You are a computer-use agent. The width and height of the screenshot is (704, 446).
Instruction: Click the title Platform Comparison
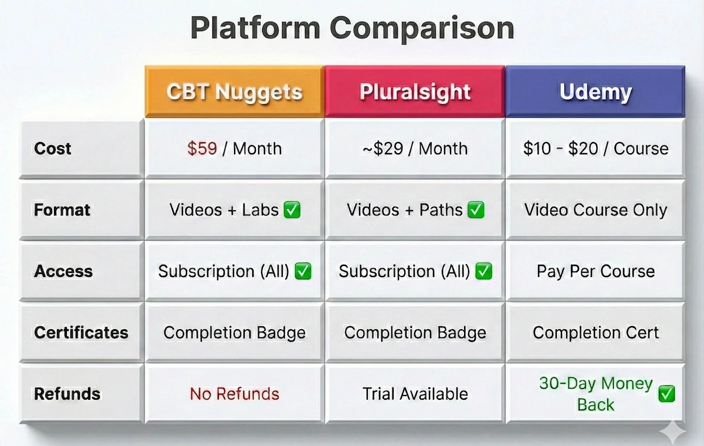coord(352,28)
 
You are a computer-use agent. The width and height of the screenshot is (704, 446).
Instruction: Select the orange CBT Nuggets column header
coord(234,92)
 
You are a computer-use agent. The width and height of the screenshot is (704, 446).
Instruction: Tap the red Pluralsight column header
coord(415,92)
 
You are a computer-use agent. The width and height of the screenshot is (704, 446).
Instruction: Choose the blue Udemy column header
coord(595,92)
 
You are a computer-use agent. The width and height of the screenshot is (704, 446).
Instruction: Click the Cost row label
coord(53,148)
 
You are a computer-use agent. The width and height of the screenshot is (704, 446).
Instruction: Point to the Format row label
coord(62,210)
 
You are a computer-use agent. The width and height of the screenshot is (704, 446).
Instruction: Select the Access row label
coord(63,271)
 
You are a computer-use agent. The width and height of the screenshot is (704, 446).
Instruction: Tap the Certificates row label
coord(81,333)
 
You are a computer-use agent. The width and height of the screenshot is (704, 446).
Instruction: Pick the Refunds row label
coord(67,394)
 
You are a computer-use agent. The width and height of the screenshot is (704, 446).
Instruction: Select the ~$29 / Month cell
coord(415,148)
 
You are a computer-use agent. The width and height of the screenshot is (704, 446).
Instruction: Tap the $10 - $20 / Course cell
coord(595,148)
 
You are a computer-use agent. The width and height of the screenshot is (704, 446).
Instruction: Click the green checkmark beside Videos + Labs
coord(292,210)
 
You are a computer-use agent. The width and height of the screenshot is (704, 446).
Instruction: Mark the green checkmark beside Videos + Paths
coord(476,210)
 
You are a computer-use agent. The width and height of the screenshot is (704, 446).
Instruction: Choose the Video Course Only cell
coord(595,210)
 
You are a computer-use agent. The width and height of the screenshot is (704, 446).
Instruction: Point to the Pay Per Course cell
coord(595,271)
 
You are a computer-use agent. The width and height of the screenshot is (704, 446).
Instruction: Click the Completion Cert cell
coord(595,333)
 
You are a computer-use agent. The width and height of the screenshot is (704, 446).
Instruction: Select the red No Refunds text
coord(234,394)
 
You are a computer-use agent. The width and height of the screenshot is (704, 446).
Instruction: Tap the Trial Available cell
coord(415,394)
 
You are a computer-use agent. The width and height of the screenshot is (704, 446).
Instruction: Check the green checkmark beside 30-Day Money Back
coord(666,394)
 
